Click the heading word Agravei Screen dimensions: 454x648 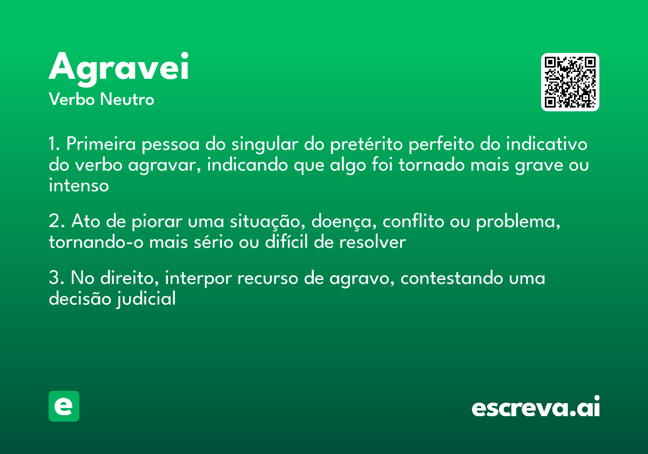pos(119,68)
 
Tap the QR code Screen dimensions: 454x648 pos(570,82)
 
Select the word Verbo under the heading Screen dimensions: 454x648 pos(71,99)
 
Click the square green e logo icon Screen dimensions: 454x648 pos(64,406)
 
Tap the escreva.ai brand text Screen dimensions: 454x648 pos(536,407)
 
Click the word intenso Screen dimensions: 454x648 pos(79,186)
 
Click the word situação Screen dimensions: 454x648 pos(260,222)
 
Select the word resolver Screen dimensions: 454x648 pos(372,243)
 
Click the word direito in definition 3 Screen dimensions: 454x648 pos(130,278)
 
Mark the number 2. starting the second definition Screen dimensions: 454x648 pos(56,222)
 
